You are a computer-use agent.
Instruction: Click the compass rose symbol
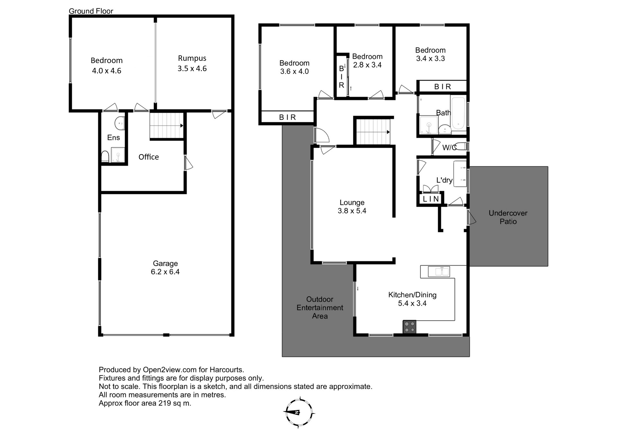click(299, 413)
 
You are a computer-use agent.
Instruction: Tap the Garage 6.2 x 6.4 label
click(165, 267)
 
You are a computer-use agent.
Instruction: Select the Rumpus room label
click(192, 63)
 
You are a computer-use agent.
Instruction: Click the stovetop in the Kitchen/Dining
click(409, 327)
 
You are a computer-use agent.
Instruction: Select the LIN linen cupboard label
click(431, 199)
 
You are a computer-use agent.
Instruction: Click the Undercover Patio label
click(508, 217)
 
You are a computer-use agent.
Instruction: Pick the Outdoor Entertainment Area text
click(320, 308)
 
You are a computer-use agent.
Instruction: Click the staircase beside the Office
click(166, 126)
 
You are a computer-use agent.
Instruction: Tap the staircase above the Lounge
click(373, 132)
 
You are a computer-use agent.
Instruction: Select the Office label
click(148, 157)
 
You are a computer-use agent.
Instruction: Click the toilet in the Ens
click(105, 157)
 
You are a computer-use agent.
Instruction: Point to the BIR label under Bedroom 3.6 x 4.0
click(287, 117)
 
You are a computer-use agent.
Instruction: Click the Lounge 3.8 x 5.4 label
click(352, 207)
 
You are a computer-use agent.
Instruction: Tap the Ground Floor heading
click(91, 11)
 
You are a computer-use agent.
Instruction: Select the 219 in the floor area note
click(165, 403)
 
